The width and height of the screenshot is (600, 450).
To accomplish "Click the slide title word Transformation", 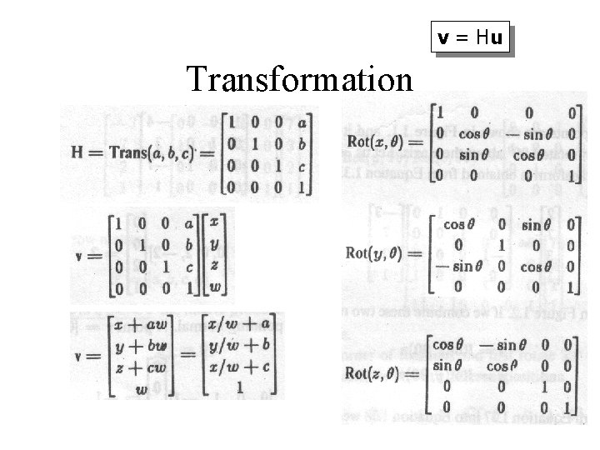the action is [x=300, y=80].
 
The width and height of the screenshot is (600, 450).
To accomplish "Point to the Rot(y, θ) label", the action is [x=377, y=252].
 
